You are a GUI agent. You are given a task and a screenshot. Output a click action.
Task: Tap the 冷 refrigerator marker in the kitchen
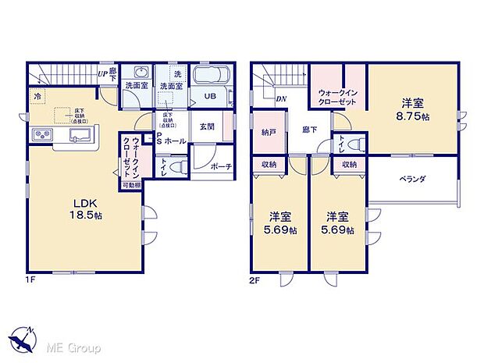[37, 95]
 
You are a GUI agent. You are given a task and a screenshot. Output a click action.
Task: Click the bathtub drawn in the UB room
[209, 78]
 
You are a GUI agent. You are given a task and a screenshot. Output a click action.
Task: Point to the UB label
[210, 96]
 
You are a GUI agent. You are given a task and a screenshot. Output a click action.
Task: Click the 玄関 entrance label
[206, 126]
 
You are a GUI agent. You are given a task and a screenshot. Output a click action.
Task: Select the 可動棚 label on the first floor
[130, 186]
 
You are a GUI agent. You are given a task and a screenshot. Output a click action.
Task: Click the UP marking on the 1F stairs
[102, 74]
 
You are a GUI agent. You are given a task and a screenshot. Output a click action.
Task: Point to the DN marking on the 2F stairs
[280, 98]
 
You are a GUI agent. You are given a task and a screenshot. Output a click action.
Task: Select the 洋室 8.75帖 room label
[413, 109]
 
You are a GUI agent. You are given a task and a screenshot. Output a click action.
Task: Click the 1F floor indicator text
[30, 278]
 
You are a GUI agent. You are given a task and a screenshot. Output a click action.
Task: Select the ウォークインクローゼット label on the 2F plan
[337, 98]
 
